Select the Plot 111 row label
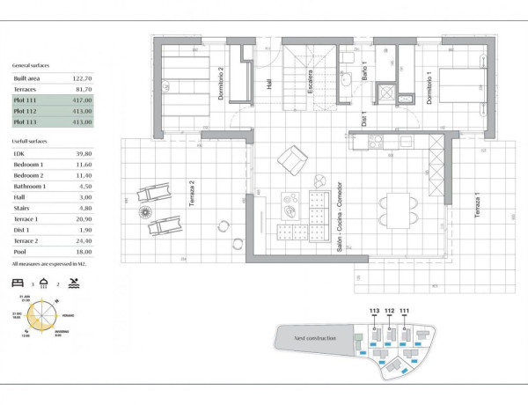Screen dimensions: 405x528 click(x=26, y=100)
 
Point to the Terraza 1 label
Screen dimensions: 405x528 click(x=476, y=205)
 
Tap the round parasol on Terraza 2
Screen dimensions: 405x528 click(x=143, y=211)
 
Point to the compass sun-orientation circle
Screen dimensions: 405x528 click(x=42, y=315)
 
